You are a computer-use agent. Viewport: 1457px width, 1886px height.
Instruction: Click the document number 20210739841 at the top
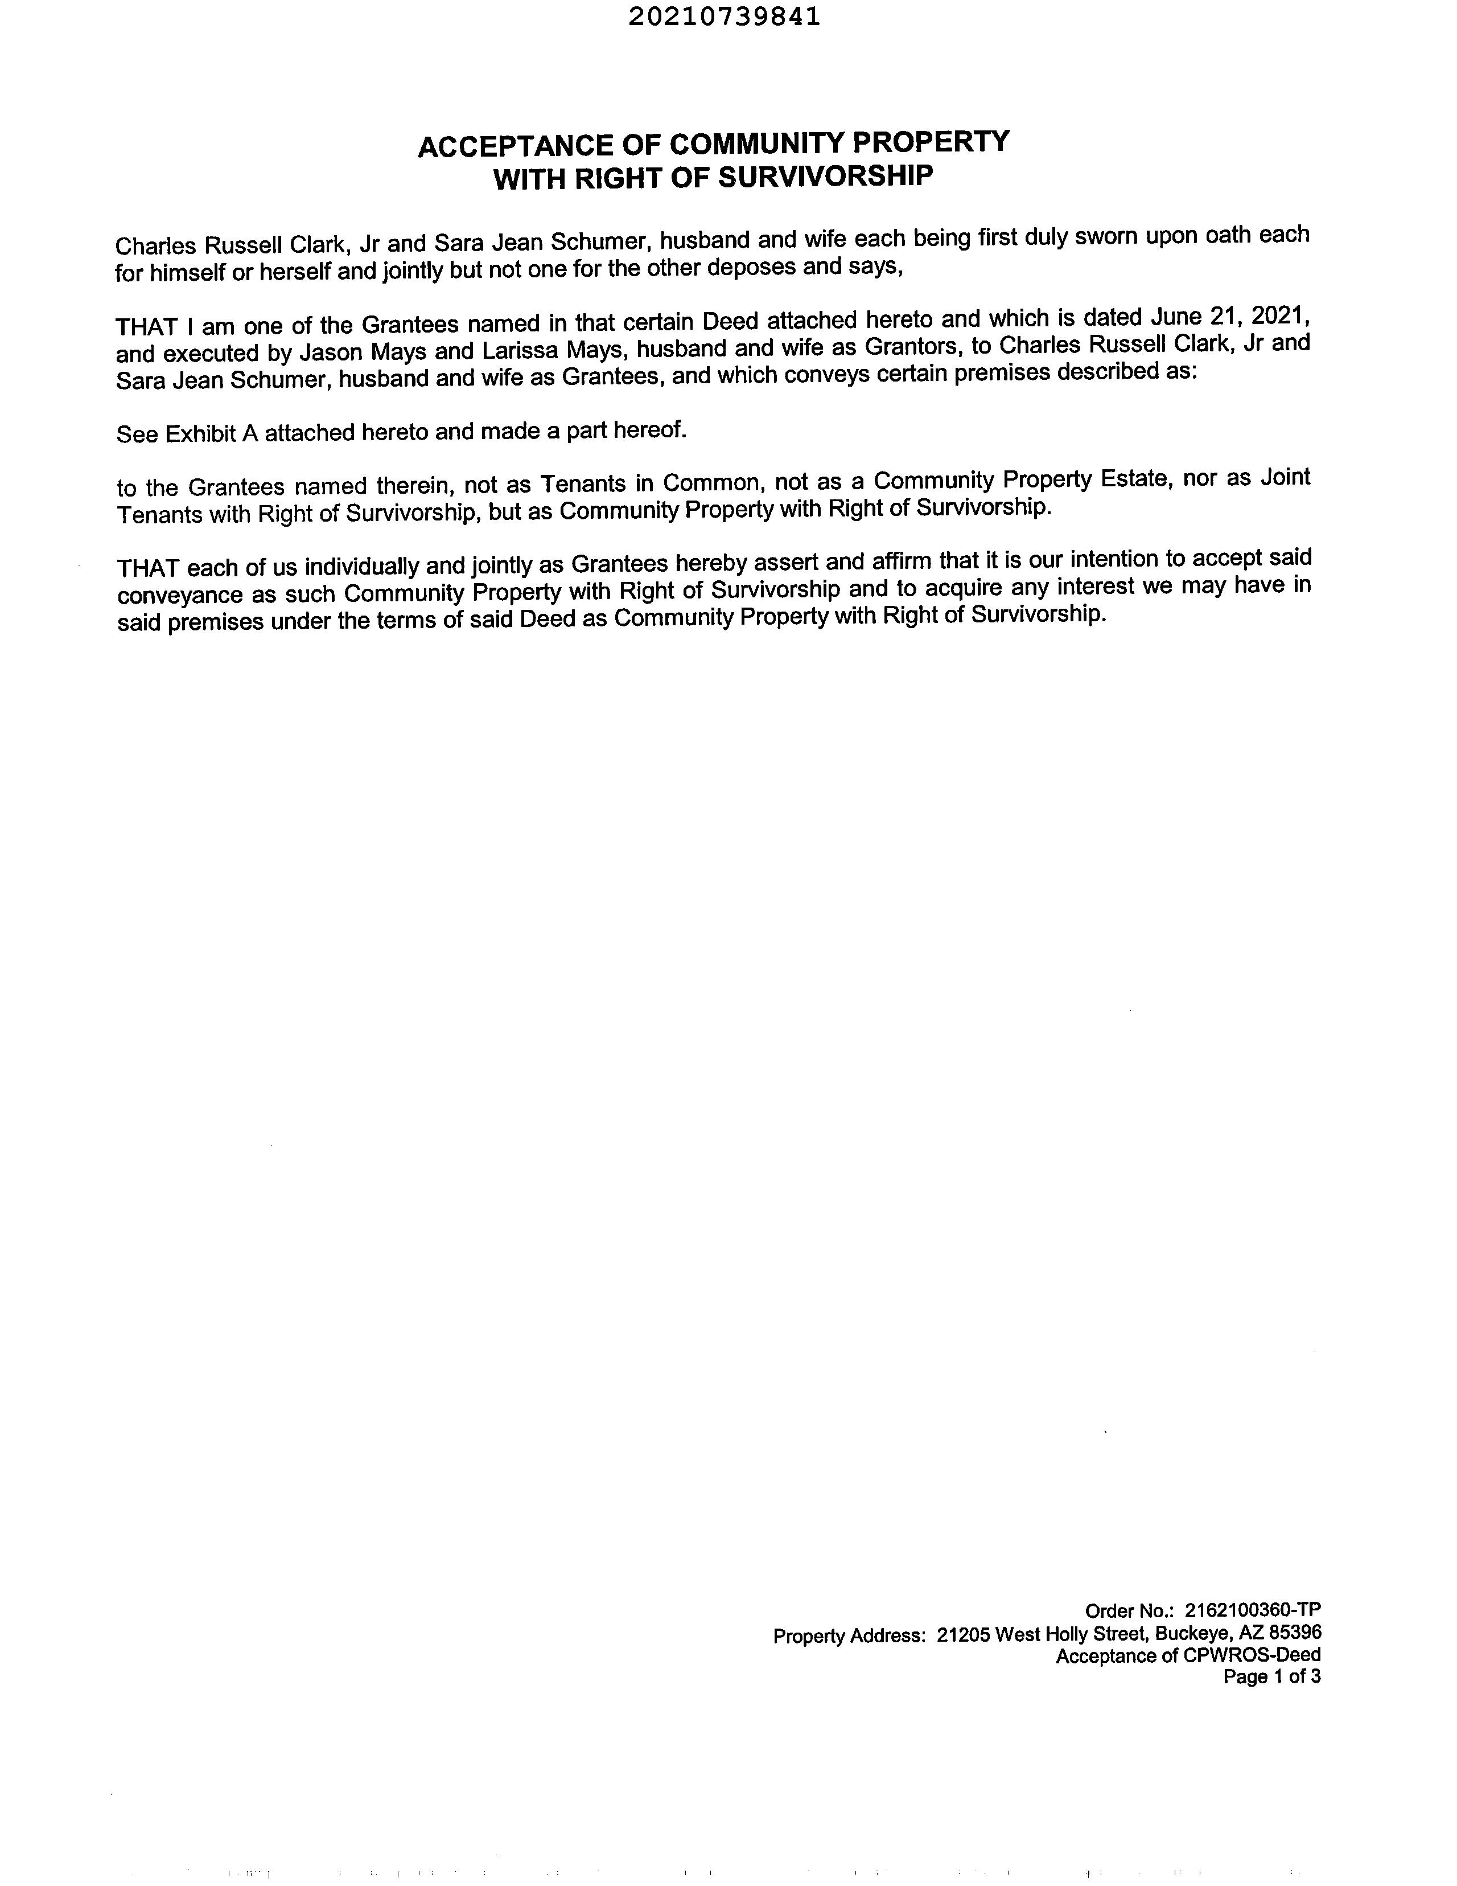coord(723,17)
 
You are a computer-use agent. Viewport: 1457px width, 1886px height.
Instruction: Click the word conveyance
coord(180,595)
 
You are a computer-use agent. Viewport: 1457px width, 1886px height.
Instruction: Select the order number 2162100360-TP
coord(1253,1610)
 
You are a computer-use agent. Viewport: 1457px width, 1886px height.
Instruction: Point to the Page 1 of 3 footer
coord(1271,1677)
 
